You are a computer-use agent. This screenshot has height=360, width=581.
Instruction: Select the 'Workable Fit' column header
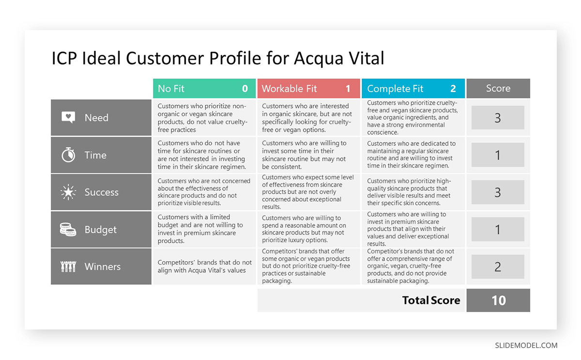pyautogui.click(x=308, y=89)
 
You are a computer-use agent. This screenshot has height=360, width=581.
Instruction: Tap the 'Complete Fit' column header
pyautogui.click(x=413, y=89)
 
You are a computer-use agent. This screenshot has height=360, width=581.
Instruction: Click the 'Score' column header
pyautogui.click(x=498, y=88)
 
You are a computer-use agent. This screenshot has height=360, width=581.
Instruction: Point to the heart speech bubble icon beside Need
pyautogui.click(x=68, y=118)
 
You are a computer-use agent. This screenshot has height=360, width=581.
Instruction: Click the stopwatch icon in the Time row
pyautogui.click(x=68, y=155)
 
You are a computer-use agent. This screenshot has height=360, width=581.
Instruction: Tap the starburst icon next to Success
pyautogui.click(x=68, y=192)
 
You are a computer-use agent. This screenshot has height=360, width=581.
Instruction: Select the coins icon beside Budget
pyautogui.click(x=68, y=230)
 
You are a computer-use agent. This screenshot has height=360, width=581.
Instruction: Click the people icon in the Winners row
pyautogui.click(x=68, y=266)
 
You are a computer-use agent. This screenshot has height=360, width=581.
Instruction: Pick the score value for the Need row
pyautogui.click(x=498, y=118)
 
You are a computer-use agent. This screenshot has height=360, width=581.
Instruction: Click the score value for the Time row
pyautogui.click(x=498, y=155)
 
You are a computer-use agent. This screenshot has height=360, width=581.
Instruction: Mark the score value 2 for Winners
pyautogui.click(x=498, y=266)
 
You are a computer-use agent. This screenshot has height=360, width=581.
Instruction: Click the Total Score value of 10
pyautogui.click(x=498, y=300)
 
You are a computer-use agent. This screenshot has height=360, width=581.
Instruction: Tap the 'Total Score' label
pyautogui.click(x=431, y=300)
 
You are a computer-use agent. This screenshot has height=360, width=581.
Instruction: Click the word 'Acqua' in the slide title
pyautogui.click(x=320, y=58)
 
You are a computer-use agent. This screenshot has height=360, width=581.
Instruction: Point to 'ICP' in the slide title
pyautogui.click(x=64, y=58)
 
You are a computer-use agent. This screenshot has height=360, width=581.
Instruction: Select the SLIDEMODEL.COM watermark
pyautogui.click(x=526, y=345)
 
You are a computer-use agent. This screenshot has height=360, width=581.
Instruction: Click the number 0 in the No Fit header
pyautogui.click(x=245, y=89)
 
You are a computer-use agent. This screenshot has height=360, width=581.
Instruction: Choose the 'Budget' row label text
pyautogui.click(x=100, y=230)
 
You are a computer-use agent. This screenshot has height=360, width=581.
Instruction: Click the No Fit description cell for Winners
pyautogui.click(x=204, y=266)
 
